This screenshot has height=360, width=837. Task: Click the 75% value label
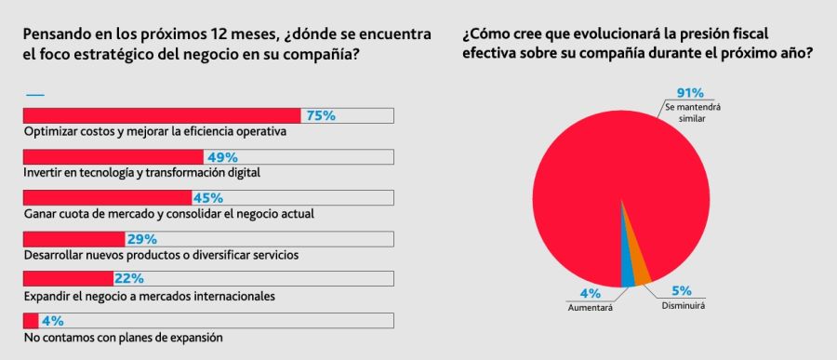pos(320,115)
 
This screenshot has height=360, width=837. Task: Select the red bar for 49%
pos(112,156)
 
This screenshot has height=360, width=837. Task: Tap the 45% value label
pos(207,197)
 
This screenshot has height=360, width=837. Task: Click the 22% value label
pos(127,279)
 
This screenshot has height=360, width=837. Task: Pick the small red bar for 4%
pos(30,320)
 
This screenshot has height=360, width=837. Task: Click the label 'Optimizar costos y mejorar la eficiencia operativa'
pos(153,132)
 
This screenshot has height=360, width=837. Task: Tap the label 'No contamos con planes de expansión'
pos(123,337)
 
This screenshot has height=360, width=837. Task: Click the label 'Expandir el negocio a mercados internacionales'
pos(149,296)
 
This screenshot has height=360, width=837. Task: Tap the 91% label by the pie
pos(690,92)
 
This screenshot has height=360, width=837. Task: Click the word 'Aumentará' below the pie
pos(590,308)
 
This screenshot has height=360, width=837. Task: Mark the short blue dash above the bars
pos(34,95)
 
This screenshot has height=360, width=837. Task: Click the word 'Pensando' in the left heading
pos(57,33)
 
